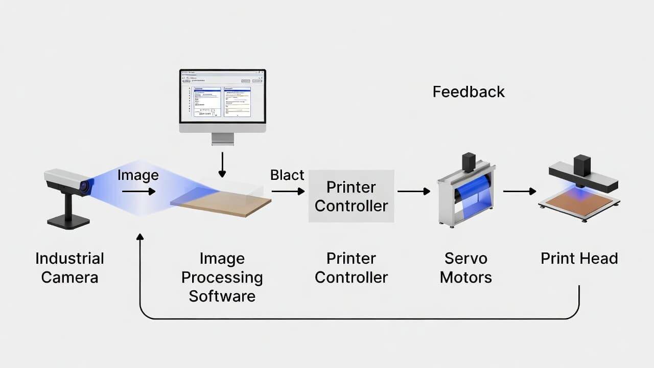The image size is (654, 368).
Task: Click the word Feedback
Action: [469, 92]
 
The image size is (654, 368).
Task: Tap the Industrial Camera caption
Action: [69, 268]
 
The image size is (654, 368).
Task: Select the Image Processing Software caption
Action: [222, 277]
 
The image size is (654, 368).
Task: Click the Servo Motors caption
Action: [465, 268]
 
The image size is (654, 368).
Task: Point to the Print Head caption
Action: [579, 258]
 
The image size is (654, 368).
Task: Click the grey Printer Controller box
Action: [351, 196]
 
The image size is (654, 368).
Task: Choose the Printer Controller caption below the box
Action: [351, 268]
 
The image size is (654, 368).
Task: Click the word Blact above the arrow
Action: [287, 175]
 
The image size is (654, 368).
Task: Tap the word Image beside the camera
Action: [138, 175]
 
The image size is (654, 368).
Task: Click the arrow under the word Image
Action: [138, 192]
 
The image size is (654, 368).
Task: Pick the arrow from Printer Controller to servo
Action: [414, 192]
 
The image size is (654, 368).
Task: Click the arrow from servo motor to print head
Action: [520, 192]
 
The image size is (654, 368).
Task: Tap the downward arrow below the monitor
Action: [222, 164]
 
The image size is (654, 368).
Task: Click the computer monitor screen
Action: [222, 96]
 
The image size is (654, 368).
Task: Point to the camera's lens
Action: [84, 187]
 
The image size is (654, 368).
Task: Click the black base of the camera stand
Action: [68, 221]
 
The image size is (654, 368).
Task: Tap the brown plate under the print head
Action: [579, 202]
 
